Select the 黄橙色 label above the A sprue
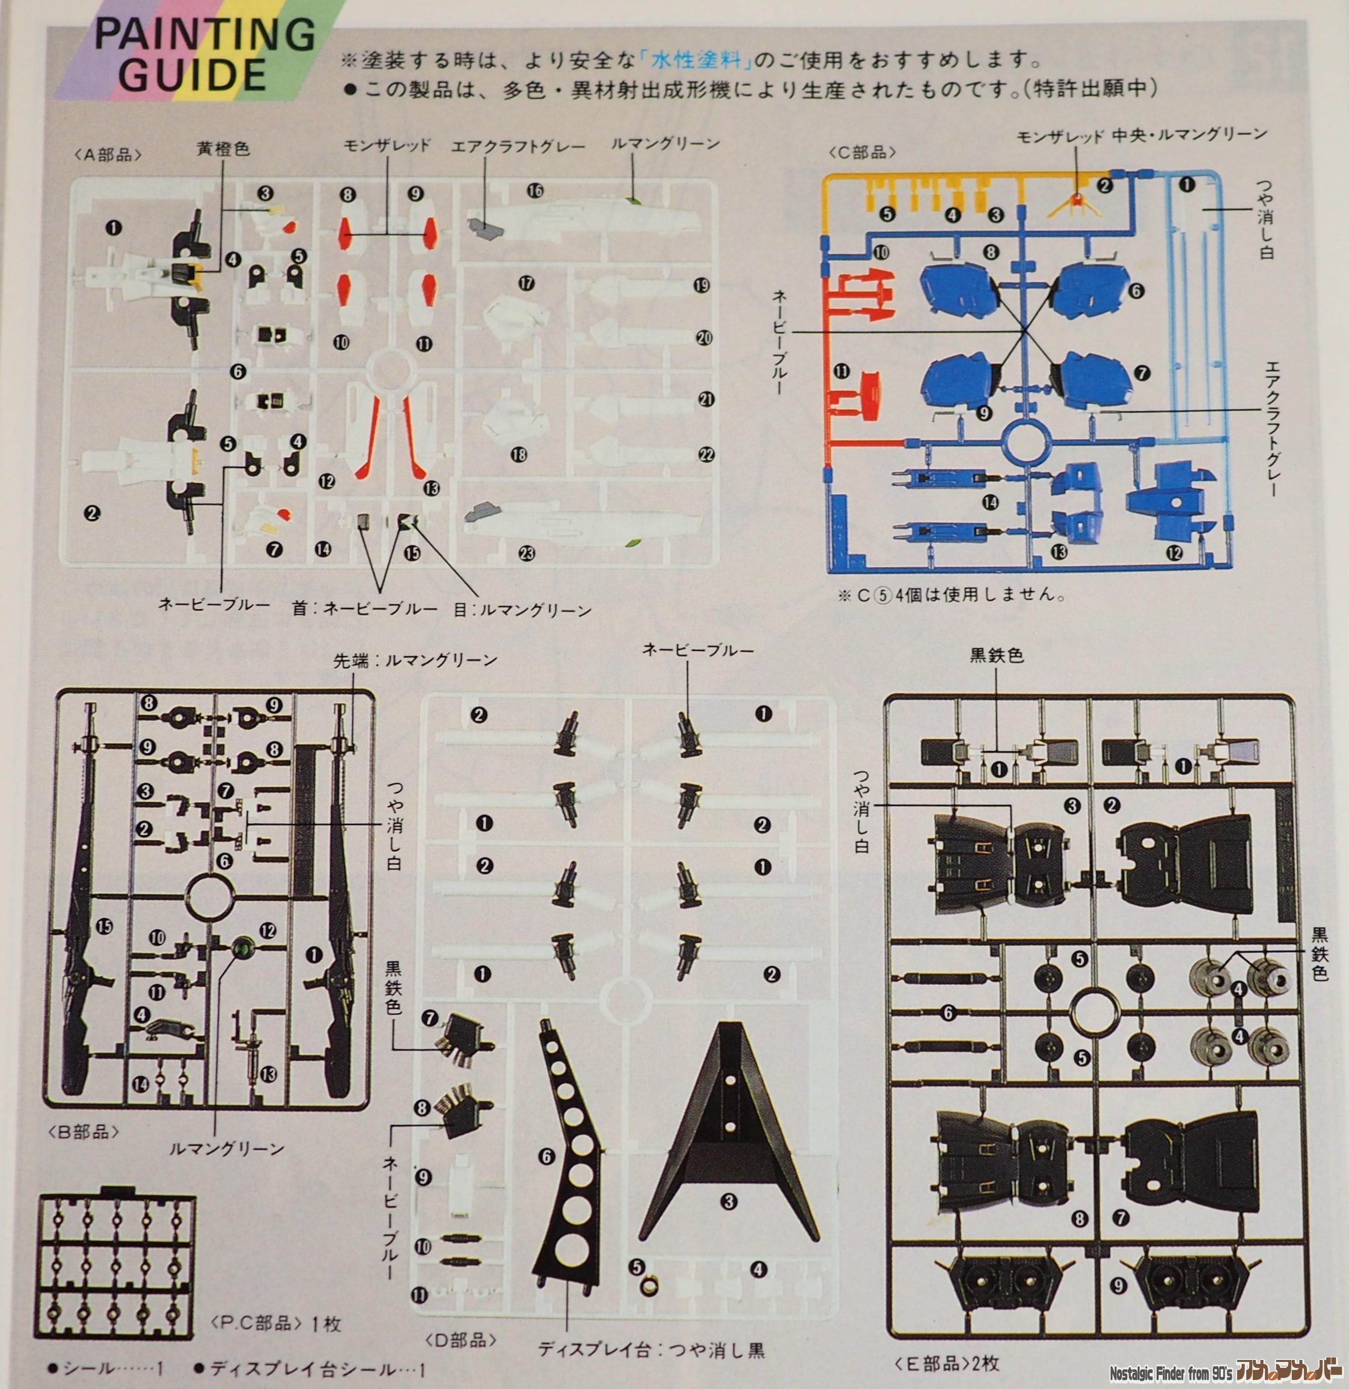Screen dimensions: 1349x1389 [x=223, y=150]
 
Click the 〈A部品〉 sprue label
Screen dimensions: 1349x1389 [x=108, y=156]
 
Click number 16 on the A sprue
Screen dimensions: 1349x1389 [x=535, y=191]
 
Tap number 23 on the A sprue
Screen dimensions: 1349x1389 [x=527, y=553]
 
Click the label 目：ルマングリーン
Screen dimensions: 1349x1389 [x=523, y=610]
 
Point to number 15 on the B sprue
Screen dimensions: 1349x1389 [x=105, y=926]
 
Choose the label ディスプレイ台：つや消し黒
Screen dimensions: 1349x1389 [x=651, y=1350]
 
